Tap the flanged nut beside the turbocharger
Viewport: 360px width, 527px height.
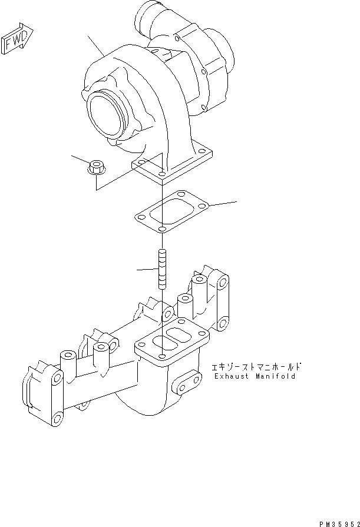coord(95,167)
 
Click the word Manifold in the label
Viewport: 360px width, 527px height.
coord(275,376)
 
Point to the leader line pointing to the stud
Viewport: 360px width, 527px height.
coord(147,270)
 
